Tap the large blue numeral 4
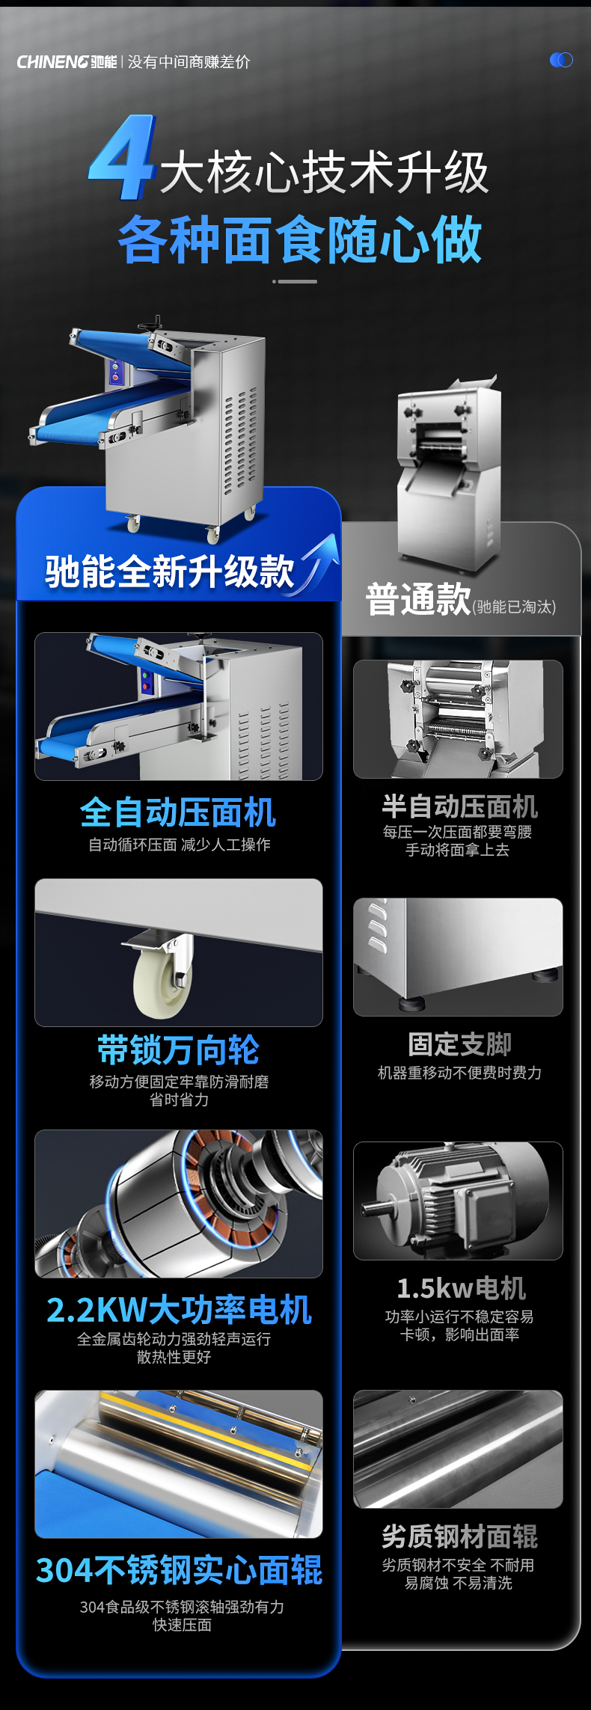(122, 159)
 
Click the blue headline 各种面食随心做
(300, 240)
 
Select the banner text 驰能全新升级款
(170, 571)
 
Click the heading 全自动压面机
(178, 812)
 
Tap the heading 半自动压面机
(459, 806)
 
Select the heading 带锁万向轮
(178, 1049)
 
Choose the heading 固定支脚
(459, 1044)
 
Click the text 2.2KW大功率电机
(179, 1310)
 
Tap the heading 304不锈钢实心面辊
(179, 1569)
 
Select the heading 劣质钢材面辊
(459, 1536)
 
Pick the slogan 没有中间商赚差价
(189, 62)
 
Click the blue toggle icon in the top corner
(561, 60)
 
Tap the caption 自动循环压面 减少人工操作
(179, 845)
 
